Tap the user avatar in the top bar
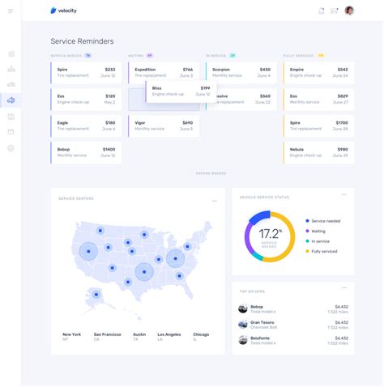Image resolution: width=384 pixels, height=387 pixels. [349, 11]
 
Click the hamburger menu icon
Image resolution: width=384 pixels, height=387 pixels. [11, 11]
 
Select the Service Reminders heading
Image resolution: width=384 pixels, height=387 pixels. [82, 40]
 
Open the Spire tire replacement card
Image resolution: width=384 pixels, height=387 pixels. [86, 73]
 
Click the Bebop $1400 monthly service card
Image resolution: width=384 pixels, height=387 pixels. [86, 153]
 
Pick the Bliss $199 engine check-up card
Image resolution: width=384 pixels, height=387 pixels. [180, 91]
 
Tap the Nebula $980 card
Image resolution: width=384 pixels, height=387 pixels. [319, 153]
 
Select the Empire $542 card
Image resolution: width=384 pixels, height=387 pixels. [319, 73]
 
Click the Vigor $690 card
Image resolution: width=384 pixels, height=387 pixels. [163, 126]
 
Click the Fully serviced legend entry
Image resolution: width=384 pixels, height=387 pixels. [324, 251]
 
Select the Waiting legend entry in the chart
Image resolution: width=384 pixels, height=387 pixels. [318, 231]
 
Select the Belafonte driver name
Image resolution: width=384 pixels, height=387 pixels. [261, 338]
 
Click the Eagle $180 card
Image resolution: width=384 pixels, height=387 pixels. [86, 126]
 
